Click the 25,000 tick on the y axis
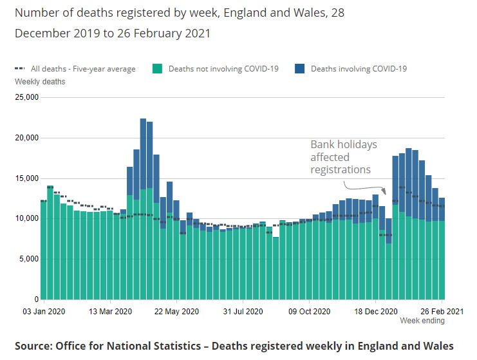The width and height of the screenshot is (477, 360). point(26,98)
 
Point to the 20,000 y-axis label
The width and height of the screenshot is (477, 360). point(26,138)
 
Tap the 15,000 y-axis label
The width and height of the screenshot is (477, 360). point(26,178)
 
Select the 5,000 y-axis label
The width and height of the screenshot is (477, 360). point(28,259)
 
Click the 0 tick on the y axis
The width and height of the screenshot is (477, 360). point(36,299)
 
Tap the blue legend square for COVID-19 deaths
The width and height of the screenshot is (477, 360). point(299,68)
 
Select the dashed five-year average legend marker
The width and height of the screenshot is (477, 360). point(20,68)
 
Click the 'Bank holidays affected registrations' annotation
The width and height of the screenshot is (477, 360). point(343,157)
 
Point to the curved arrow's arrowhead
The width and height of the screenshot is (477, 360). point(384,191)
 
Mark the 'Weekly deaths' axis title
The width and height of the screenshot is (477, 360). point(40,82)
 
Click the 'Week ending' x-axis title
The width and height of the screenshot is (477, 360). point(422,321)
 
